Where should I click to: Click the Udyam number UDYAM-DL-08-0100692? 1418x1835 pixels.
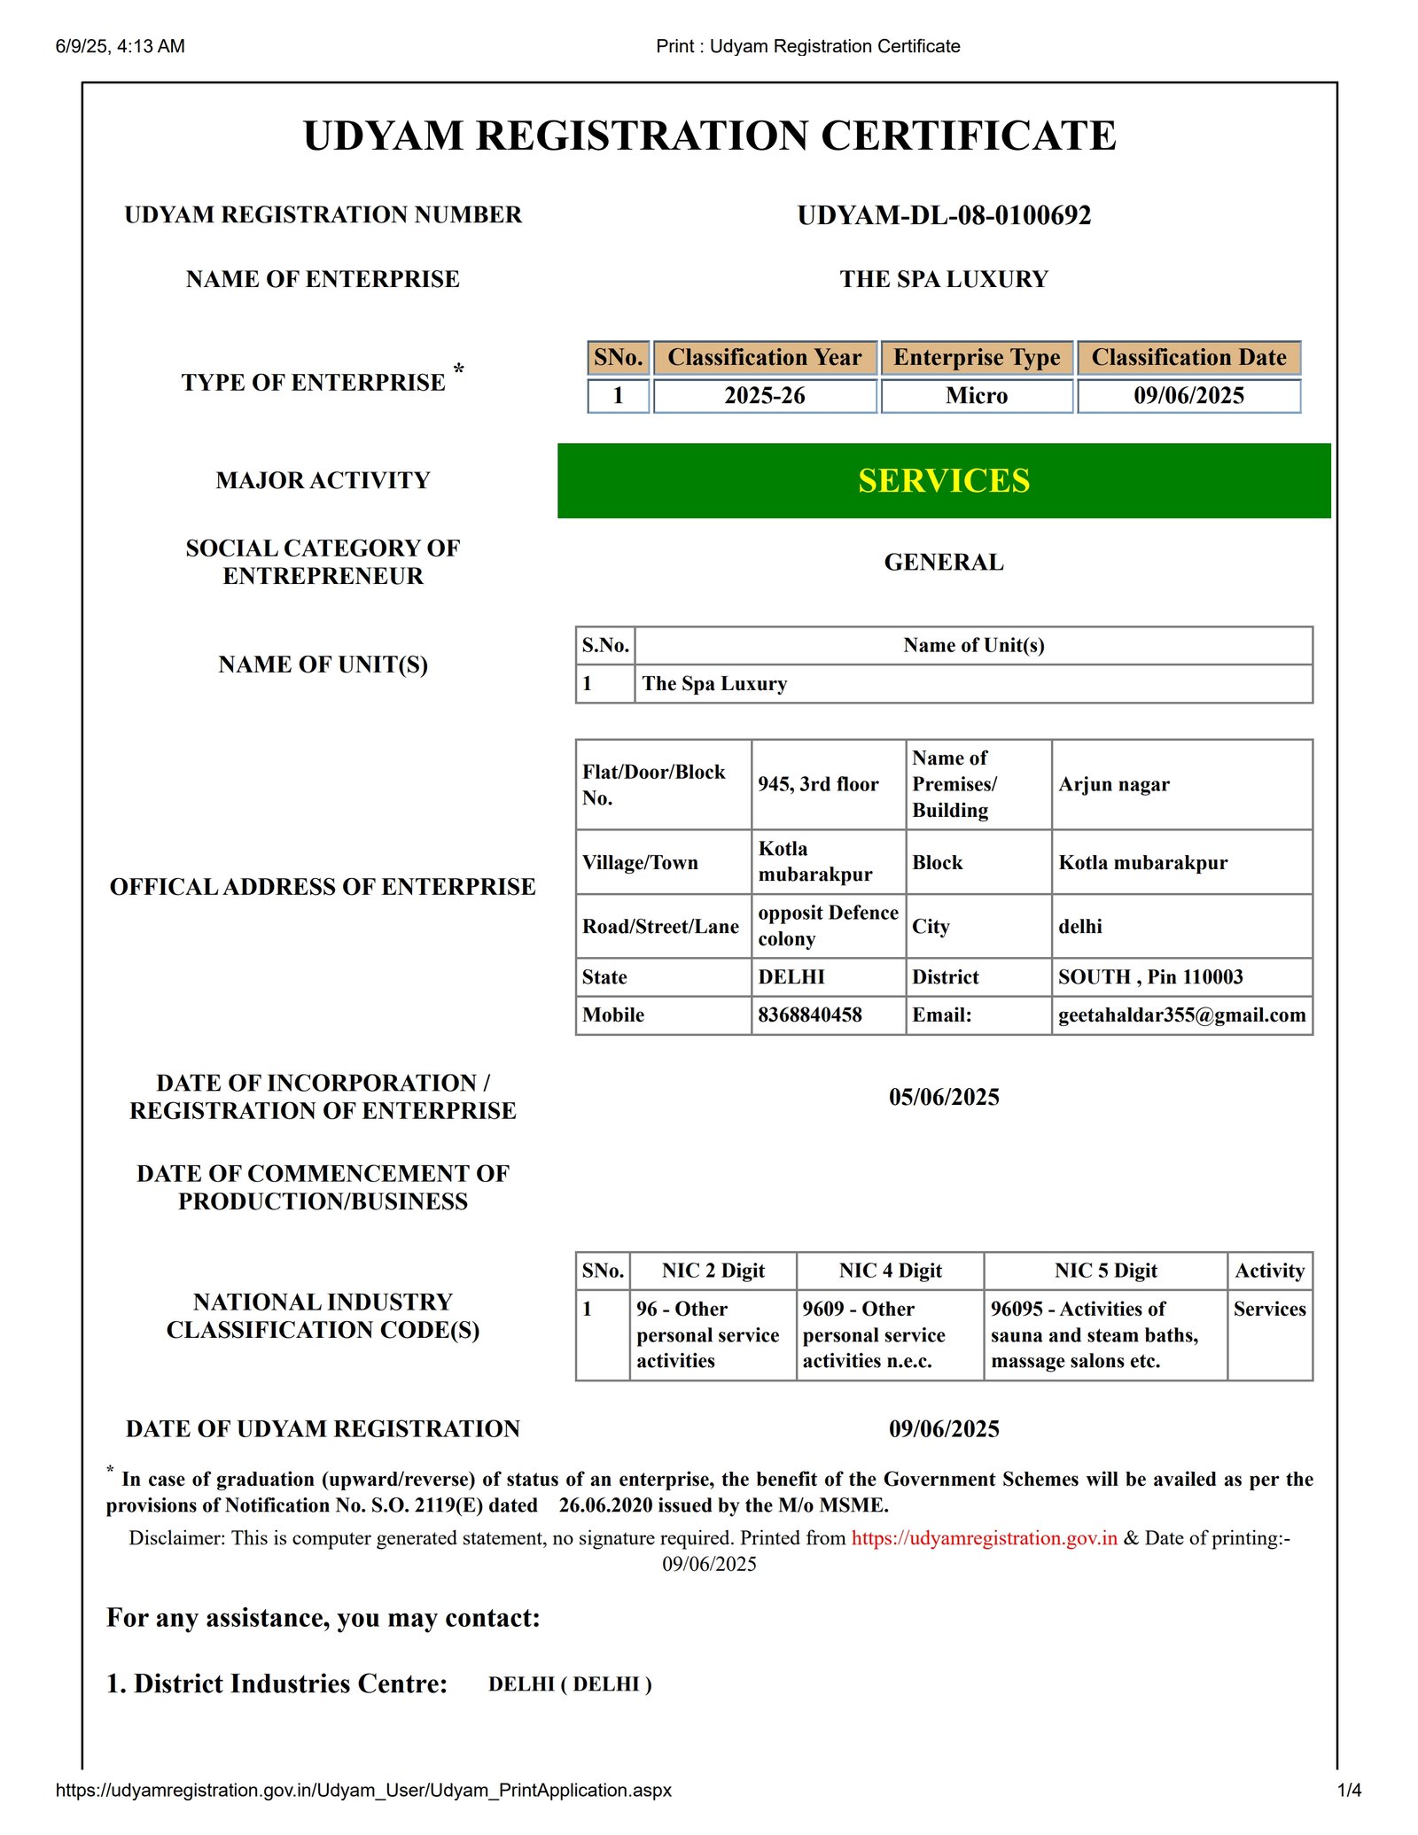[x=944, y=215]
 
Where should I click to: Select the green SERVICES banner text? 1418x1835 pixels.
[x=944, y=480]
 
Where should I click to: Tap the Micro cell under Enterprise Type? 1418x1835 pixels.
[x=977, y=396]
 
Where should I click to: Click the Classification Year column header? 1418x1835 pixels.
[x=765, y=358]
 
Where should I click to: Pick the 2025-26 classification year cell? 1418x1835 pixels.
[x=765, y=396]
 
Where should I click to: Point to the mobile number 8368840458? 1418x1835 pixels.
[x=810, y=1015]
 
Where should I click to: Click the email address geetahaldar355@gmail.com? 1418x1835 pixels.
[x=1181, y=1015]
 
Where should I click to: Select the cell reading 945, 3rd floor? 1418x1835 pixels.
[x=818, y=784]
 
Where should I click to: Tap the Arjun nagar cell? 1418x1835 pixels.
[x=1114, y=784]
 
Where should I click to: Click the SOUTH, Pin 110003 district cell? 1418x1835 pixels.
[x=1150, y=977]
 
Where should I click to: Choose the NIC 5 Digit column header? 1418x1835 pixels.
[x=1105, y=1271]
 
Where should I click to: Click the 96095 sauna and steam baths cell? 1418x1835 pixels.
[x=1095, y=1334]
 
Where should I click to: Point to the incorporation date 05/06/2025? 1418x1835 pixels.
[x=944, y=1098]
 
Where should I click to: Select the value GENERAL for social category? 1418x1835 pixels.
[x=944, y=563]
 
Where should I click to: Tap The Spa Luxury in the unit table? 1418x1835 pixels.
[x=714, y=684]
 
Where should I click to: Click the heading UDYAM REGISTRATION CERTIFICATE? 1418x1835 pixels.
[x=709, y=136]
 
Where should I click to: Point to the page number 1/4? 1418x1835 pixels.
[x=1349, y=1791]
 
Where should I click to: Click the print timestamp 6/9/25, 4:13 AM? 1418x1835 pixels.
[x=121, y=46]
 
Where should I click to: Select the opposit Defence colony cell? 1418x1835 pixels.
[x=828, y=926]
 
